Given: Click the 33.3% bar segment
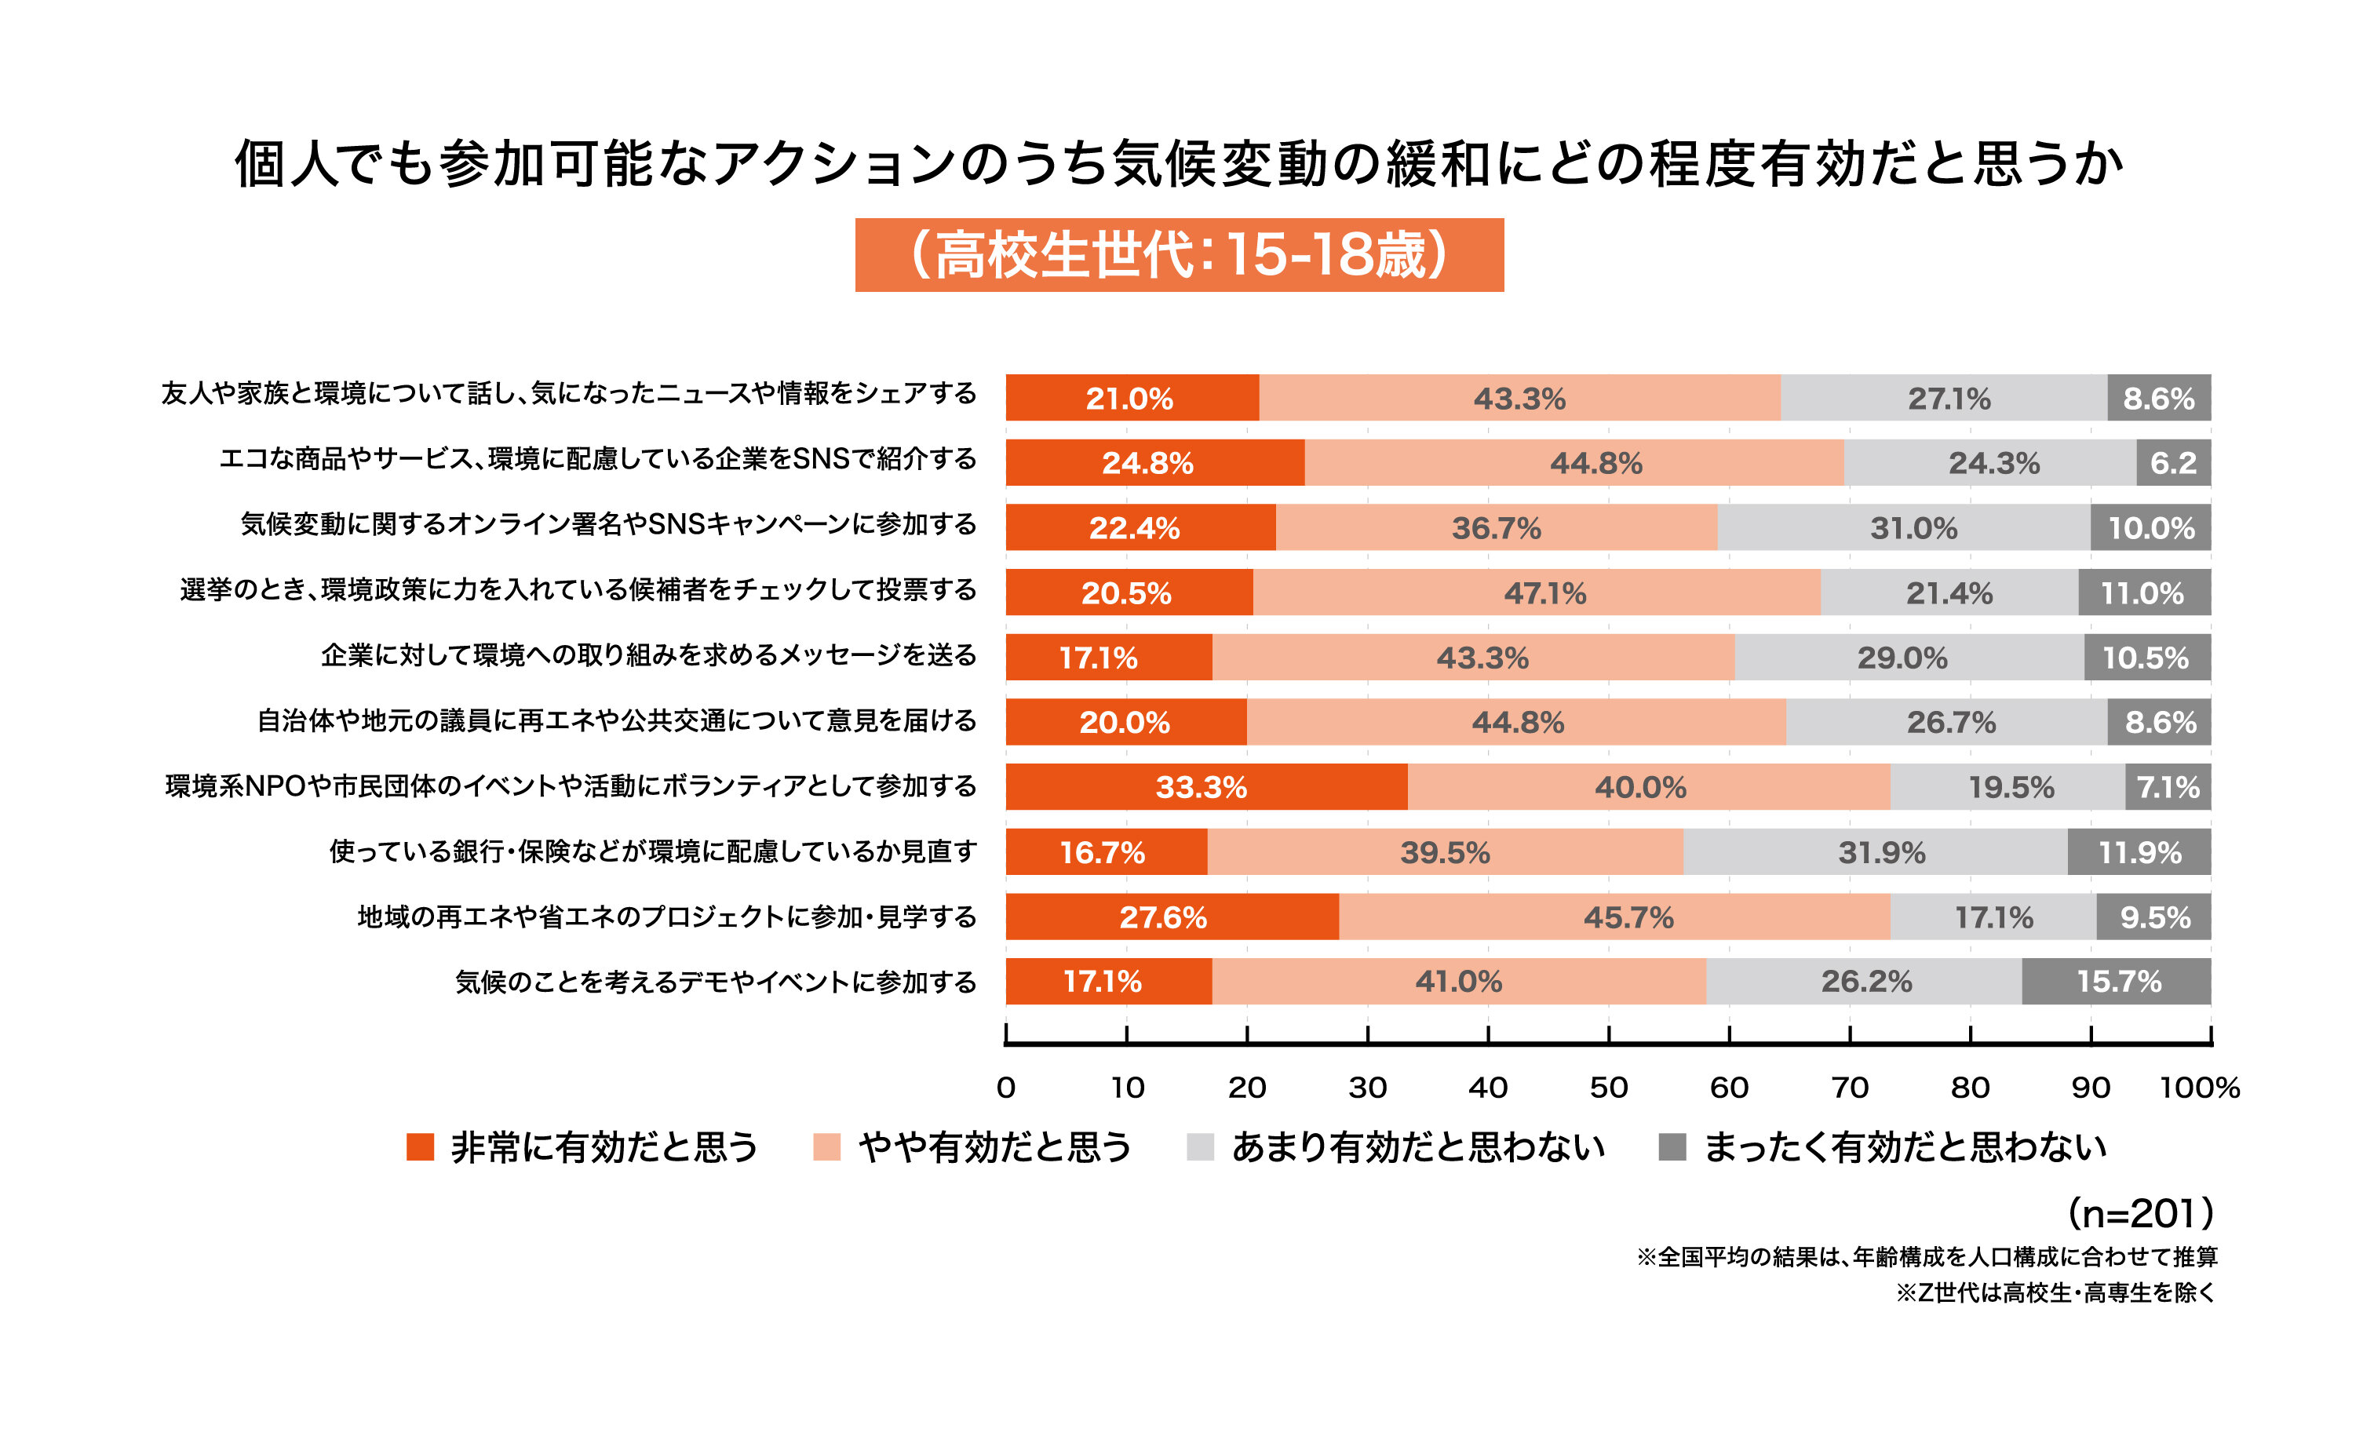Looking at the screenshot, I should tap(1205, 787).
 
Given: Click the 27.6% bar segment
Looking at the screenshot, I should tap(1172, 917).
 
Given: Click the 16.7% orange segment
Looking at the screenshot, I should tap(1106, 853).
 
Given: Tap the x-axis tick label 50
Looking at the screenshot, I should tap(1608, 1088).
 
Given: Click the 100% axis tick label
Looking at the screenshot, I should tap(2199, 1088).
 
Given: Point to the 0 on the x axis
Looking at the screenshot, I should tap(1006, 1088).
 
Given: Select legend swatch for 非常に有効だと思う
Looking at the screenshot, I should tap(420, 1147).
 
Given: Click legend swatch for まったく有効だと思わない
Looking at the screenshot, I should tap(1672, 1147).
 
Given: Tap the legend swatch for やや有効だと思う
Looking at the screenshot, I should tap(826, 1147).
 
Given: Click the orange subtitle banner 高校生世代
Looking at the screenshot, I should tap(1180, 255).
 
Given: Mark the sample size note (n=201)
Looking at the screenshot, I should tap(2140, 1214).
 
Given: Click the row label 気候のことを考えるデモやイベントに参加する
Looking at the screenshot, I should tap(716, 982).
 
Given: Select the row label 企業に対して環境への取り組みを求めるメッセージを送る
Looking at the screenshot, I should tap(648, 656).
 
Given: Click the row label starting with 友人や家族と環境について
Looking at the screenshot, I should tap(568, 394).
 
